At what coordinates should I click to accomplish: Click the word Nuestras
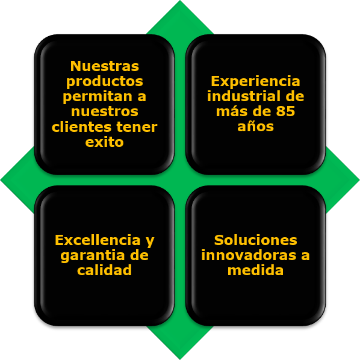[105, 66]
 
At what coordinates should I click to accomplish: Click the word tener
[137, 127]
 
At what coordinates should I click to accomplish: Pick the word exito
[105, 142]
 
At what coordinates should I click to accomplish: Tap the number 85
[285, 111]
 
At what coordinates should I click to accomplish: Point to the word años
[255, 126]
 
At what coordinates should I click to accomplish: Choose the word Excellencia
[98, 240]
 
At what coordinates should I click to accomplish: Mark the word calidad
[105, 270]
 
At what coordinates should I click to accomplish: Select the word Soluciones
[255, 240]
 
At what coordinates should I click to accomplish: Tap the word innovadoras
[249, 255]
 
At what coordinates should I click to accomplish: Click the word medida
[255, 270]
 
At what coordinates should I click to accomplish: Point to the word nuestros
[105, 112]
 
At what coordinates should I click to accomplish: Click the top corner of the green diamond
[180, 1]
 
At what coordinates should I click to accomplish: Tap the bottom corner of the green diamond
[180, 359]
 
